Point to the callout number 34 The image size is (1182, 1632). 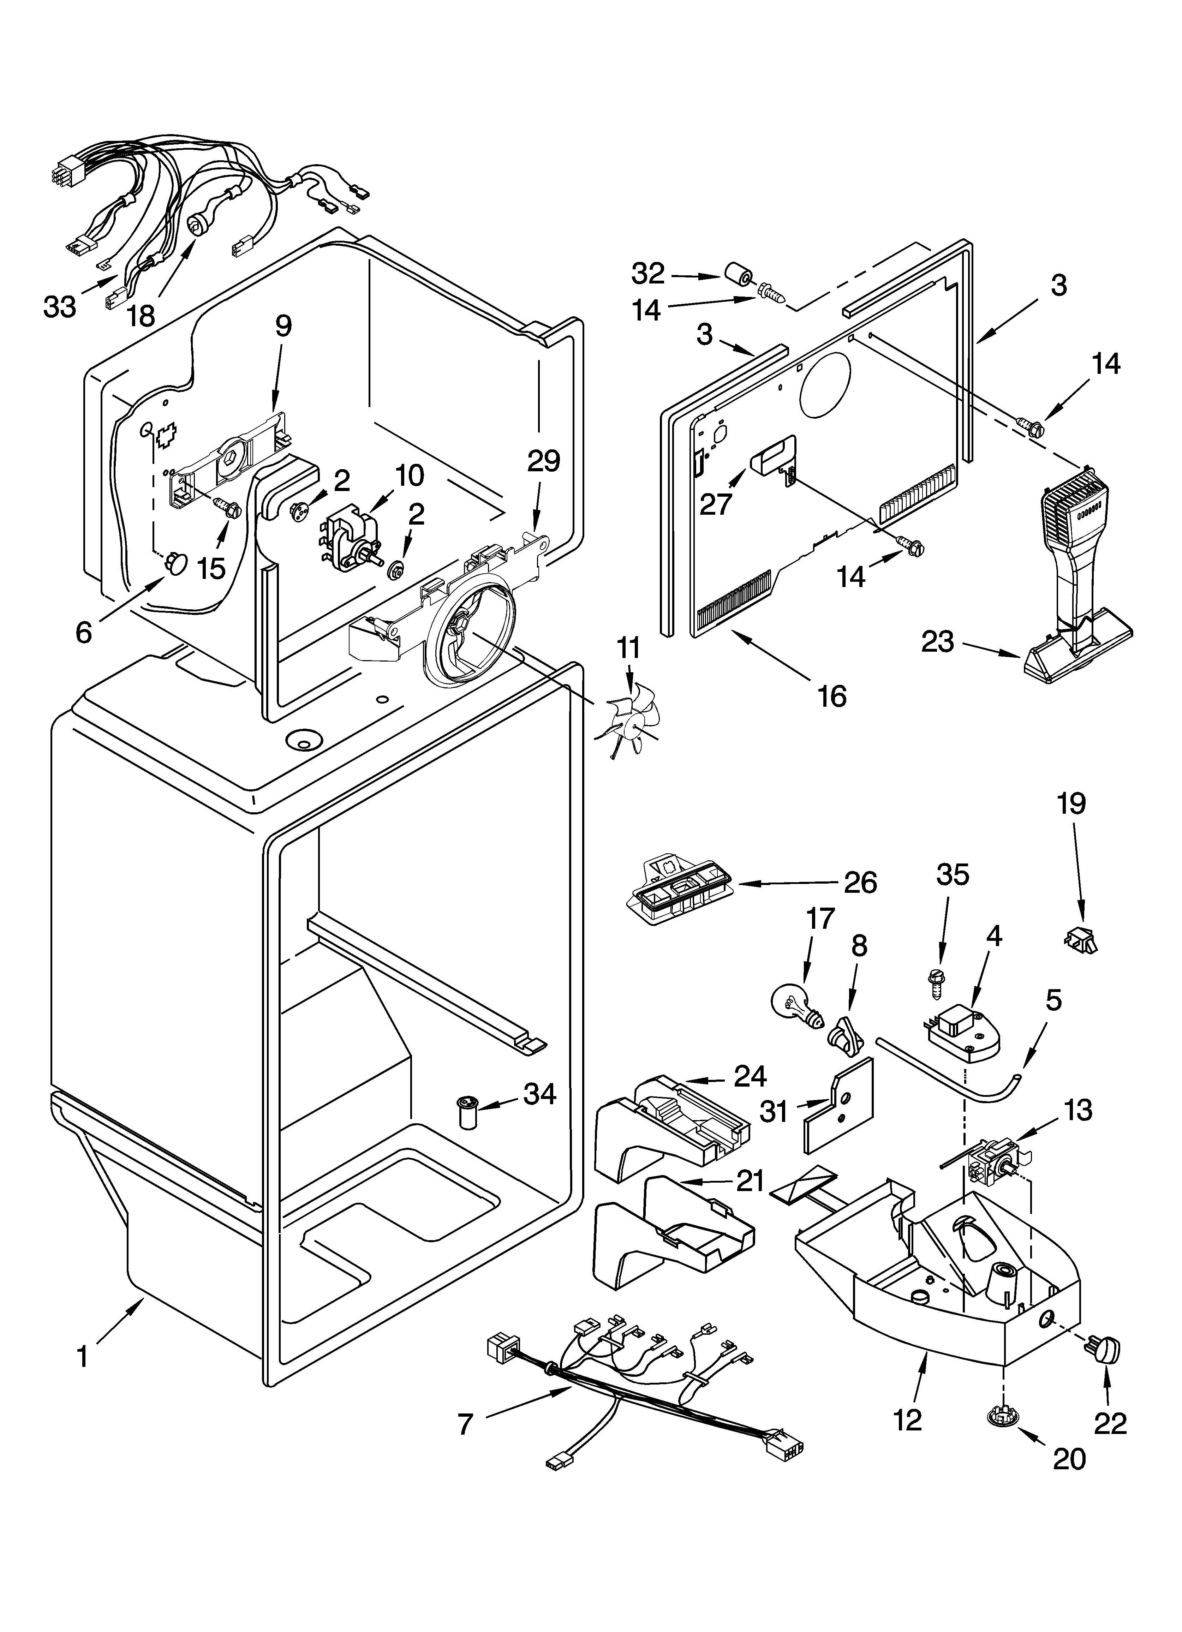point(540,1094)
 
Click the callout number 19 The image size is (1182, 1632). point(1072,803)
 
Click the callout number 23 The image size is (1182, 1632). point(938,641)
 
